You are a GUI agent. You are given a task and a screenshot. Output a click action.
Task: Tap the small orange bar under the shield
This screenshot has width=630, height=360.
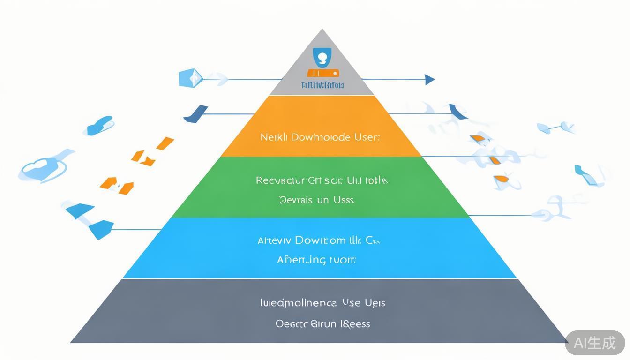(x=322, y=73)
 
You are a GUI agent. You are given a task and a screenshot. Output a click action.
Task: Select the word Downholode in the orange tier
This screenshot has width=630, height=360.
(x=320, y=137)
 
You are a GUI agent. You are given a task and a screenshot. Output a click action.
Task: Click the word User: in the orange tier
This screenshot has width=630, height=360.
(x=367, y=137)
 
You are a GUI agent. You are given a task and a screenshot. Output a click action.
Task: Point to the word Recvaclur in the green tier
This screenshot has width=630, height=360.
(x=279, y=180)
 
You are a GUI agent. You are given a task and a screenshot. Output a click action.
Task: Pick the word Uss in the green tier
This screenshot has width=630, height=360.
(x=344, y=200)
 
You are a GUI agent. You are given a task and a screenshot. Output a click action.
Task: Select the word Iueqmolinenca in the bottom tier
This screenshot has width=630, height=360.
(x=298, y=303)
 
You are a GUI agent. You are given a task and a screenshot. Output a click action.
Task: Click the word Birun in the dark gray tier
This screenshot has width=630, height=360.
(x=323, y=323)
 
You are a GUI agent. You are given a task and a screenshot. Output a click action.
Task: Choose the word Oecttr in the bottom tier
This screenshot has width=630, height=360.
(x=291, y=323)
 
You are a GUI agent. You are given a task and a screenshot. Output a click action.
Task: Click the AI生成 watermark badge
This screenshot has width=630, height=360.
(x=595, y=343)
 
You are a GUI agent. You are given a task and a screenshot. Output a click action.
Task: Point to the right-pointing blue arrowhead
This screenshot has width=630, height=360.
(x=429, y=79)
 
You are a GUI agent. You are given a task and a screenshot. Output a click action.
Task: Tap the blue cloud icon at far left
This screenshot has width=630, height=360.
(x=40, y=168)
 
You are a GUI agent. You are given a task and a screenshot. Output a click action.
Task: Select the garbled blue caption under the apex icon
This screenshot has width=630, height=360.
(x=322, y=85)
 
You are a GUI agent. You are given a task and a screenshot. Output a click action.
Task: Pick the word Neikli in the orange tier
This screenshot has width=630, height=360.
(x=273, y=137)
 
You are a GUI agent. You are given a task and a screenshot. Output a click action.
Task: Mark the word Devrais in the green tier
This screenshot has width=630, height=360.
(x=296, y=200)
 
